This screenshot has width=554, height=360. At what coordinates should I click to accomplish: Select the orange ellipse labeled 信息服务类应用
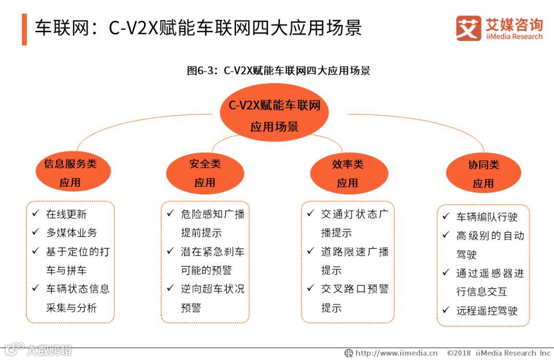[70, 173]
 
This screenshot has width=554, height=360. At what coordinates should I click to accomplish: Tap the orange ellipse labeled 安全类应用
[205, 173]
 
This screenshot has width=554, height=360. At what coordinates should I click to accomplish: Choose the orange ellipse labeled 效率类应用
[347, 173]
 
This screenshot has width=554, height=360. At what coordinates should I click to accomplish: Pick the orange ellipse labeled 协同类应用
[483, 174]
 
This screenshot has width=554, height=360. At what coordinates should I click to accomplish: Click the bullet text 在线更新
[66, 214]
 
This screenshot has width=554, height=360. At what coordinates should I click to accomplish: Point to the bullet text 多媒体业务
[71, 232]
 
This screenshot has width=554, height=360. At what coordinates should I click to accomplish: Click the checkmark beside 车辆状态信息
[35, 288]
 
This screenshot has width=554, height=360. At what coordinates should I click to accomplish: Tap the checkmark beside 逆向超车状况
[170, 288]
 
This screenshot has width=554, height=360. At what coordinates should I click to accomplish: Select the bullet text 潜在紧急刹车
[212, 251]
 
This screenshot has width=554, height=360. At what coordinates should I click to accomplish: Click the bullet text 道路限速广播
[355, 251]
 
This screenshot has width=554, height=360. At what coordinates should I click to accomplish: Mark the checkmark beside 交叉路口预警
[310, 288]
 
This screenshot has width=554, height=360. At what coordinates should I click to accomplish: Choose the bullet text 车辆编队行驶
[487, 217]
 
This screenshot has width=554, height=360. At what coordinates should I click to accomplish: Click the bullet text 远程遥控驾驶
[487, 310]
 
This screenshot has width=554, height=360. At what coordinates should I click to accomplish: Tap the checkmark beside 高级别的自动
[446, 235]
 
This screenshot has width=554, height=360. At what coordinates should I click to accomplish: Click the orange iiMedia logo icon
[468, 28]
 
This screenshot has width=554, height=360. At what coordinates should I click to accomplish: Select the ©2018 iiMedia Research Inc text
[498, 353]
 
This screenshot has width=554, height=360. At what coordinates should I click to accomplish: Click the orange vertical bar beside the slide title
[24, 29]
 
